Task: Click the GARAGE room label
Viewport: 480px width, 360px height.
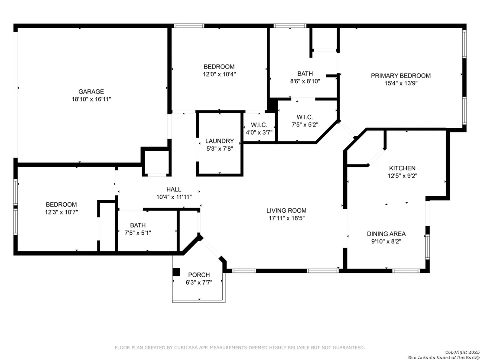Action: click(x=91, y=91)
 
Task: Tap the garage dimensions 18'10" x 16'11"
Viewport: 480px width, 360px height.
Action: click(x=91, y=99)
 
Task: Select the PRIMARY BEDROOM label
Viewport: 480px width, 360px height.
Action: click(x=401, y=76)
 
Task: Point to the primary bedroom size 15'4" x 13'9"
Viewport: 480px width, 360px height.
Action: click(x=401, y=83)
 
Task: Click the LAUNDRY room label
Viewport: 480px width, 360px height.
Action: click(x=220, y=141)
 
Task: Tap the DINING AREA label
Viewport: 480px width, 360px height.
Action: click(x=386, y=234)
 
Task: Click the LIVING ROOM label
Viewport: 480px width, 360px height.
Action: click(x=286, y=211)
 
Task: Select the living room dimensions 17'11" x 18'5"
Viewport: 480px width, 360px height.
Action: click(x=286, y=218)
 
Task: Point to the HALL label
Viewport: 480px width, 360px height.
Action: click(x=174, y=189)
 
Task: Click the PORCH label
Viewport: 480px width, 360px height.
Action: click(x=199, y=275)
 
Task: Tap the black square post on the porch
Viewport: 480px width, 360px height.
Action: click(x=176, y=272)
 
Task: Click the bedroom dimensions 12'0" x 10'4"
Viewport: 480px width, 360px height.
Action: click(x=219, y=75)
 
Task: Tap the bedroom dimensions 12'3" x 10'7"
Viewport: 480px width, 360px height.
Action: click(x=61, y=212)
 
